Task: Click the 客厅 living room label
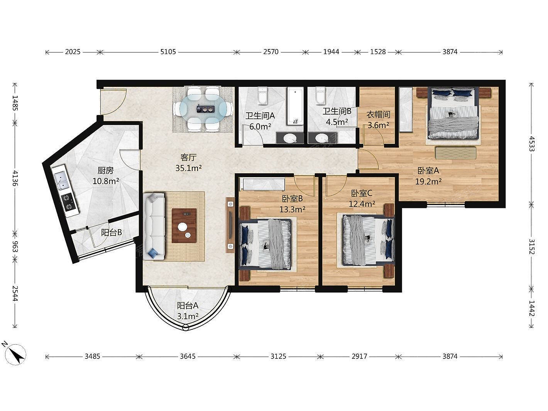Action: click(188, 157)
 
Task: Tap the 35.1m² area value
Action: click(188, 168)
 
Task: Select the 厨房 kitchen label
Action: click(106, 171)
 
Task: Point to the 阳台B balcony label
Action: click(112, 233)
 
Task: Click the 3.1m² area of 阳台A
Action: click(188, 316)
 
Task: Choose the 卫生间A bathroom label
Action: click(260, 115)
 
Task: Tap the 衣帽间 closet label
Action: click(378, 115)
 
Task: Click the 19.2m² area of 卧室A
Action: click(428, 181)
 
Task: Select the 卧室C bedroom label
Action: click(362, 193)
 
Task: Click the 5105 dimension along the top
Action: click(168, 52)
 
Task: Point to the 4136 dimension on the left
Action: click(15, 178)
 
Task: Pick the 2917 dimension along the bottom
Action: click(359, 356)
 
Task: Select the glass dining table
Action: click(203, 109)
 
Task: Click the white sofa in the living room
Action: click(154, 226)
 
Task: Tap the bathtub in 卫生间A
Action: click(295, 106)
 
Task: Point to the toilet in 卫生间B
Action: click(320, 96)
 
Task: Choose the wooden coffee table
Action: click(184, 226)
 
